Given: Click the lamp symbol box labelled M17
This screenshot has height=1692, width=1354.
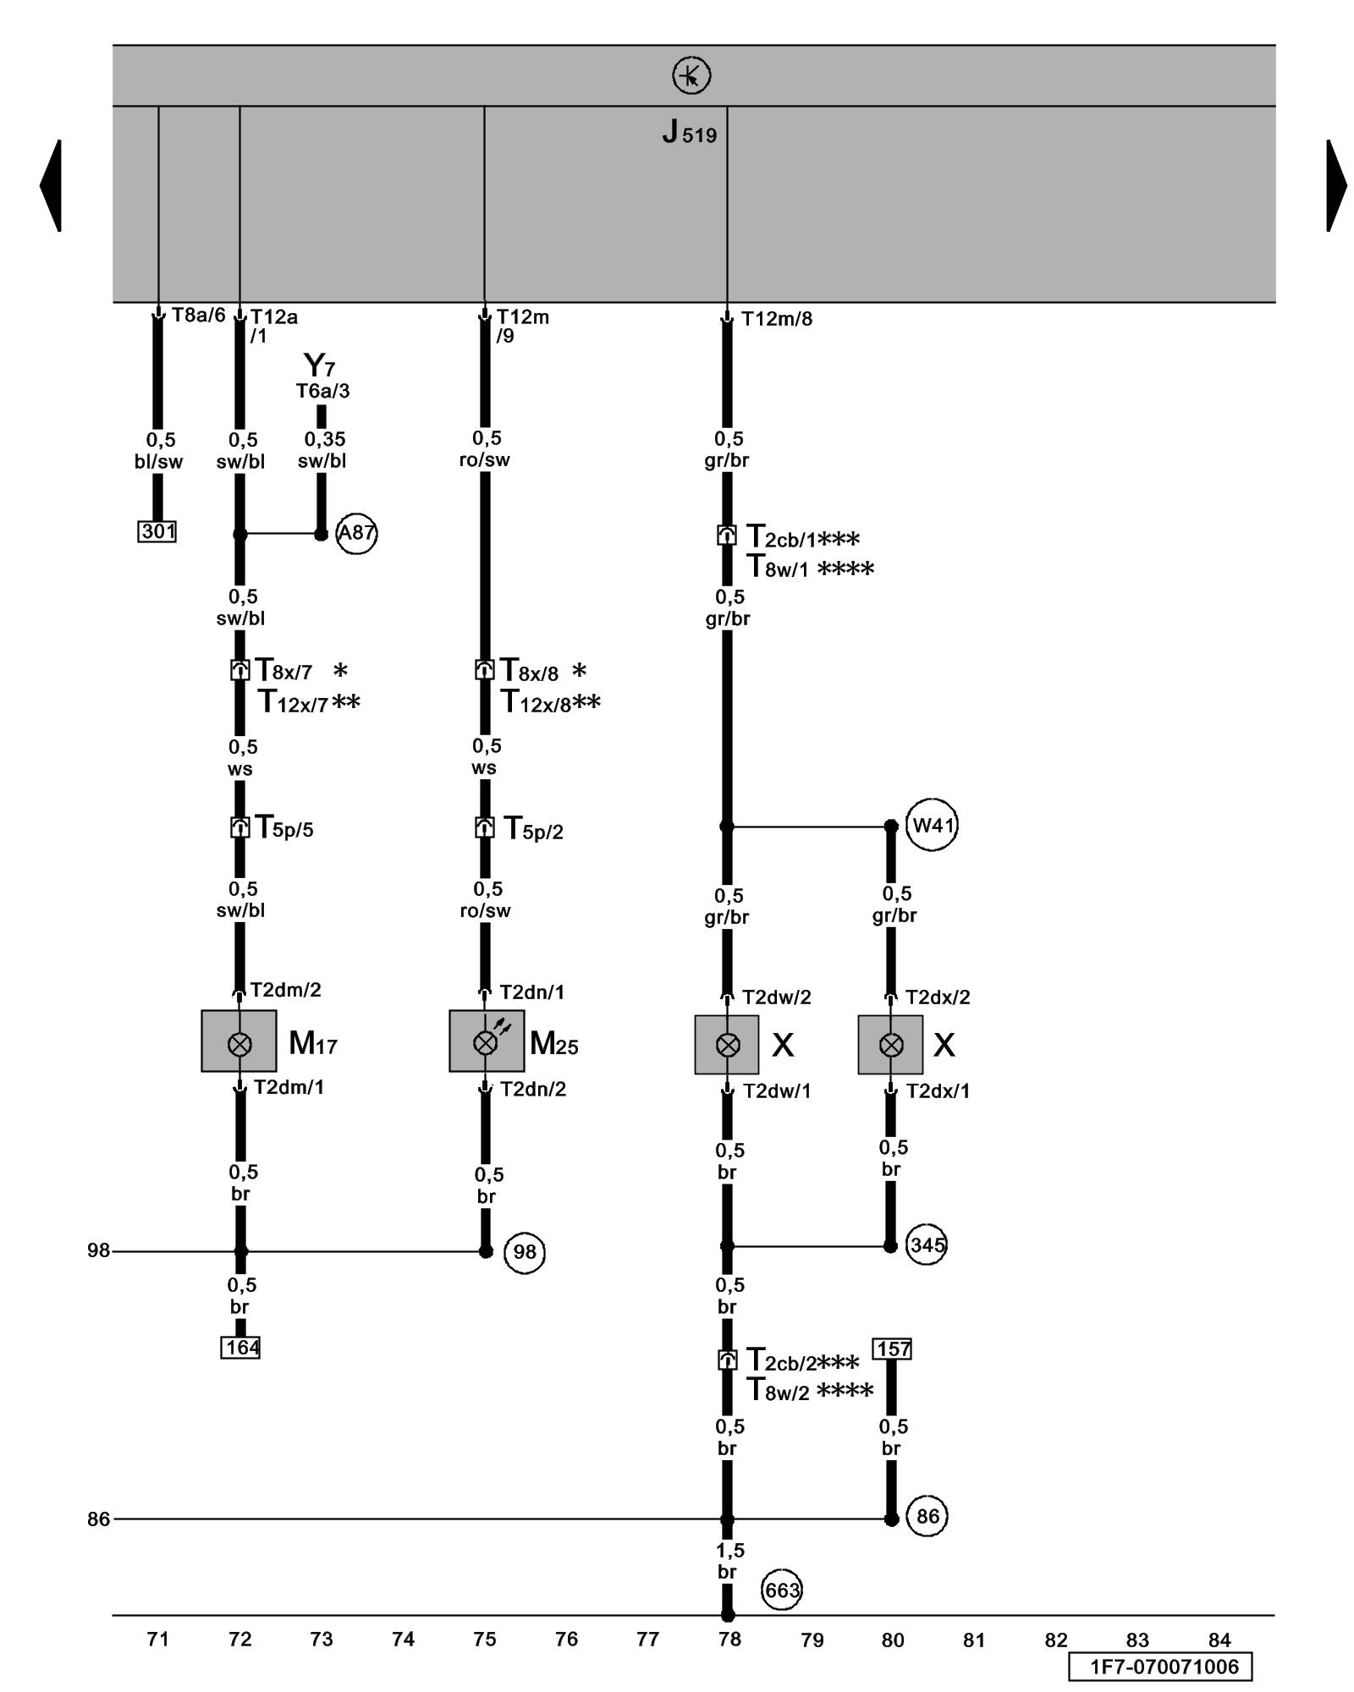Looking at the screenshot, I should (x=239, y=1041).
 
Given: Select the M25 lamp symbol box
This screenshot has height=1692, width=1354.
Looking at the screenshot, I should (x=486, y=1041).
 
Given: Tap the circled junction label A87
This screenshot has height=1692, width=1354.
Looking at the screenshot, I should (x=356, y=533).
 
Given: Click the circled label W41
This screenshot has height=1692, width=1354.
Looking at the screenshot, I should (x=932, y=824).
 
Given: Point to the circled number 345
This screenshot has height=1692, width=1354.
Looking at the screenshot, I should (x=927, y=1245).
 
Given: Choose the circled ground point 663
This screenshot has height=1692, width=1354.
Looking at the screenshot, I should (x=781, y=1590).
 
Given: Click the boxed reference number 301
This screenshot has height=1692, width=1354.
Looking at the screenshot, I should (x=157, y=531).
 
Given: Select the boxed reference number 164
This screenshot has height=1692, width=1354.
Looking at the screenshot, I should (x=240, y=1347).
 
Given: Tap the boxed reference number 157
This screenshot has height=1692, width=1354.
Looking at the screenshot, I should (x=892, y=1349).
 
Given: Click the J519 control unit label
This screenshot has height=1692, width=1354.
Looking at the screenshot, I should (x=689, y=133).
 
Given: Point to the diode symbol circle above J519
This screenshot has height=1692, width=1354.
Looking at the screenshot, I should (x=691, y=76).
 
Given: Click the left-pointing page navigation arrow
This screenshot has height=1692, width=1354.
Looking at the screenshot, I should (x=51, y=185).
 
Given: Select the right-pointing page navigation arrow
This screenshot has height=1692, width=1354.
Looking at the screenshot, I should (x=1336, y=185).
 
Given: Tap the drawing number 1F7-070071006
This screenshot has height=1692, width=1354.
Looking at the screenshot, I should (x=1164, y=1667).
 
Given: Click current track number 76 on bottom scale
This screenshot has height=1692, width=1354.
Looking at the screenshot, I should (x=566, y=1640).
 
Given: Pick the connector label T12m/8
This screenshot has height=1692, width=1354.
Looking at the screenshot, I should (x=776, y=319).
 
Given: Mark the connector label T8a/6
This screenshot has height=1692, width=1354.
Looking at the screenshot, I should (x=198, y=316).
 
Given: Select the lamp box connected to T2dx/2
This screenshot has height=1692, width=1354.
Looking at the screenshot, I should (x=890, y=1045).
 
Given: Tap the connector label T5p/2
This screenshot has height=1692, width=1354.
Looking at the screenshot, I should (x=533, y=829).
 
